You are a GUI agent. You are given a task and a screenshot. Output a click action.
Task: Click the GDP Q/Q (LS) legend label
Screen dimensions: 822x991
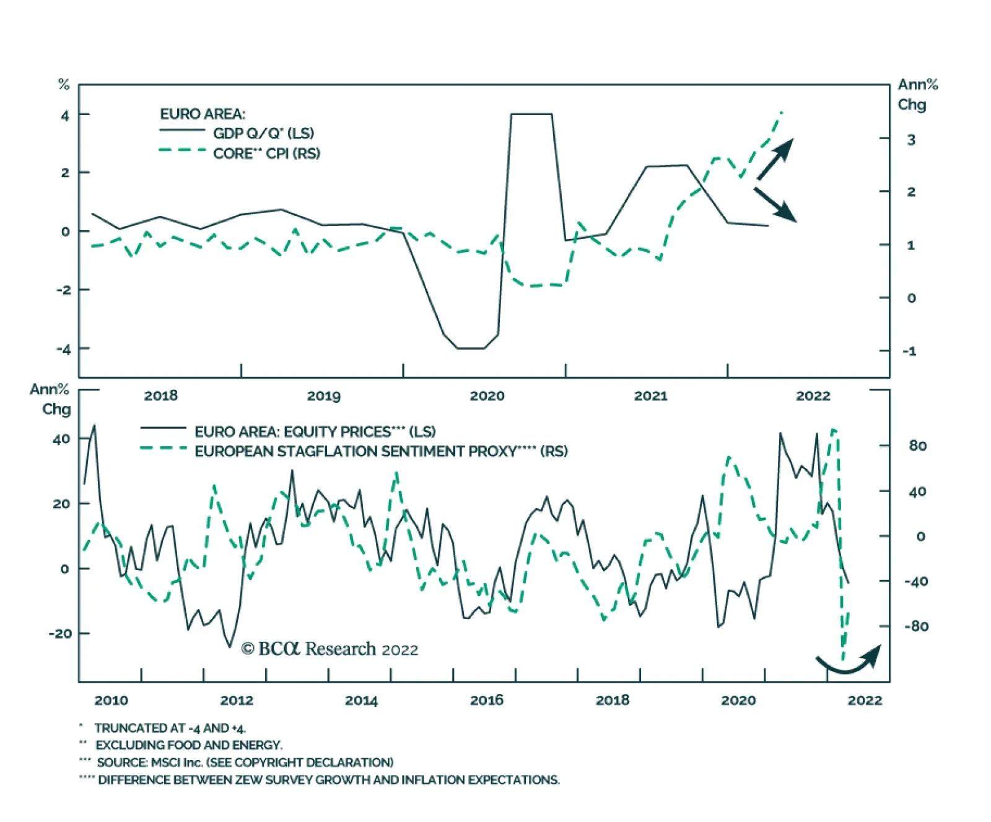[263, 133]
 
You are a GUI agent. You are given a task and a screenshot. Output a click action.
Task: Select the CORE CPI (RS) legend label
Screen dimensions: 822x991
[266, 153]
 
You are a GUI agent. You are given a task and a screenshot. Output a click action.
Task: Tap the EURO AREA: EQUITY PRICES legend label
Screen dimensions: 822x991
[315, 431]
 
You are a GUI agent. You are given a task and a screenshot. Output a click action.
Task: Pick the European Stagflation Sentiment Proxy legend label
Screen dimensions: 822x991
[381, 451]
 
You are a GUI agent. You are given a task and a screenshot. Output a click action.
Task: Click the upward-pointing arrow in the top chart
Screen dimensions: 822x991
[775, 159]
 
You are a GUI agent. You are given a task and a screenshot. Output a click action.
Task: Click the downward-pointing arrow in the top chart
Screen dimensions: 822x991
[775, 204]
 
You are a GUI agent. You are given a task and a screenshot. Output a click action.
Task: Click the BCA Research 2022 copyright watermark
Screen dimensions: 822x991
[330, 649]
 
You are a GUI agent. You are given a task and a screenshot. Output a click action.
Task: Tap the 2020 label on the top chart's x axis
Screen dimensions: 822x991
[487, 396]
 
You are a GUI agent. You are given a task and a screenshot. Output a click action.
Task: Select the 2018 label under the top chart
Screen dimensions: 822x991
[160, 396]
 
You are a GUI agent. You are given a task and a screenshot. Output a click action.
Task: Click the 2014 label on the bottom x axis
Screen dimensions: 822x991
[361, 700]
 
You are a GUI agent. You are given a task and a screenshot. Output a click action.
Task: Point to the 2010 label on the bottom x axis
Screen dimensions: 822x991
[111, 700]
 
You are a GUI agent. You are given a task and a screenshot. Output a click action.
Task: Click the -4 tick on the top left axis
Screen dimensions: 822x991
[64, 349]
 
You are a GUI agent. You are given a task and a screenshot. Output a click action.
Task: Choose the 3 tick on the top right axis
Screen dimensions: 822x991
[910, 140]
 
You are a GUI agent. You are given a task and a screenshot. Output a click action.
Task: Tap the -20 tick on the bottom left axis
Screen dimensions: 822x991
[60, 633]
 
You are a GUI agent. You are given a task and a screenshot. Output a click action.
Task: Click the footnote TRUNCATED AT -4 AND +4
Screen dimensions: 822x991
[170, 728]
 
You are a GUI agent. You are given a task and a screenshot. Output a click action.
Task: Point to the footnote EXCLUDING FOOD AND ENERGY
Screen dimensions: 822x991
[188, 745]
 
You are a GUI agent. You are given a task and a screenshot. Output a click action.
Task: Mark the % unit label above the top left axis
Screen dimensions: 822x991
[64, 84]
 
